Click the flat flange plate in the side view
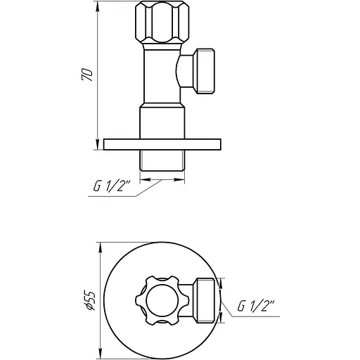[162, 144]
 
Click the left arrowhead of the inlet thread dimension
[144, 179]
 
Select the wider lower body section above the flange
[162, 121]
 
